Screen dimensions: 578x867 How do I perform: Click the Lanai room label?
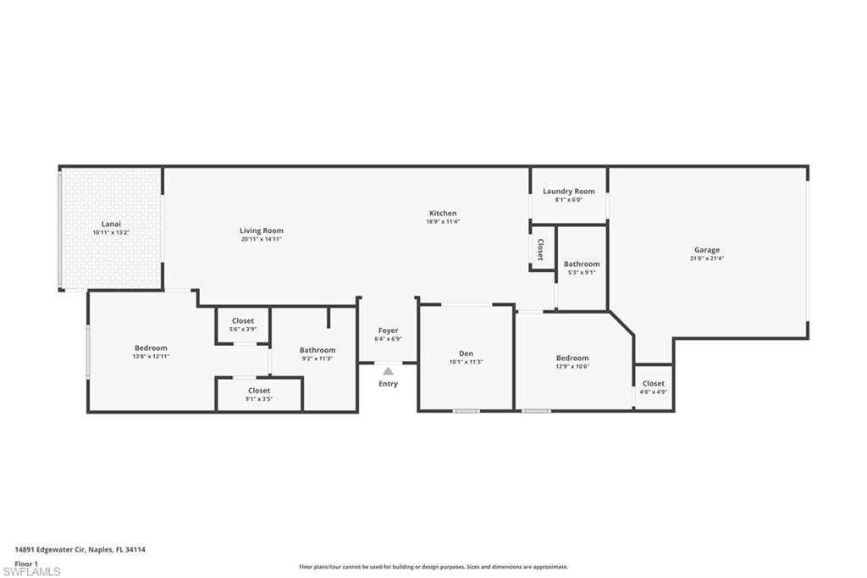point(111,224)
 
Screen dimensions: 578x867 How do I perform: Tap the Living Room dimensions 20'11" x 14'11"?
point(261,240)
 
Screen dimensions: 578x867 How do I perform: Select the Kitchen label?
point(442,214)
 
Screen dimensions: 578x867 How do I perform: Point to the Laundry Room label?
point(568,192)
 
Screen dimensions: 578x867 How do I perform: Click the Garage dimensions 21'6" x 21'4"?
point(707,259)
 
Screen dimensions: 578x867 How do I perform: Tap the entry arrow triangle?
point(388,370)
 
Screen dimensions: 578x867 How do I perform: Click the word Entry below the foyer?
point(388,384)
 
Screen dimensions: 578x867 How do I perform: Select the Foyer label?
point(388,331)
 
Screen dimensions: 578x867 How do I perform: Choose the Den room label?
point(466,353)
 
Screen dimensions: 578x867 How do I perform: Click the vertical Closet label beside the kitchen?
point(540,249)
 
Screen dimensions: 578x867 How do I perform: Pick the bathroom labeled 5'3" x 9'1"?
point(582,264)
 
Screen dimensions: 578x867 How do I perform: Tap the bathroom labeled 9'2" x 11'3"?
point(318,350)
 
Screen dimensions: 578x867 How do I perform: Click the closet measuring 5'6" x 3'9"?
point(243,321)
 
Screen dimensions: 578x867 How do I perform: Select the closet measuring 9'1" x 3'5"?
point(259,391)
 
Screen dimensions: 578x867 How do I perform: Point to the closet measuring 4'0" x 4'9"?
point(654,384)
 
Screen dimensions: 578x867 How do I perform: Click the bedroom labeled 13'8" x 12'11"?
point(151,348)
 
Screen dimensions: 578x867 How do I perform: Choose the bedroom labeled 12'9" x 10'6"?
point(572,358)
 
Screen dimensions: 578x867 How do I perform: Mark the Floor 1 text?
point(26,563)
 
